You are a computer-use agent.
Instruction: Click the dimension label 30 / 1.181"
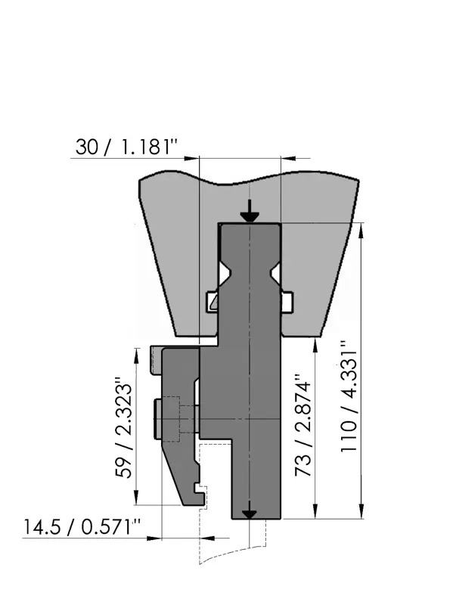[126, 147]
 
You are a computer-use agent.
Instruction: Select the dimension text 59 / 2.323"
[125, 427]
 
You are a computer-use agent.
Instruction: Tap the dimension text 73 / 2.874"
[303, 424]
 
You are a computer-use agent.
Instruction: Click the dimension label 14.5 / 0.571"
[82, 526]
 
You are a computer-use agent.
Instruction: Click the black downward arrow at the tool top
[250, 212]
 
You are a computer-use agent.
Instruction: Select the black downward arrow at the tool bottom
[250, 510]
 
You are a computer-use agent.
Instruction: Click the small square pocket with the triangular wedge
[213, 302]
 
